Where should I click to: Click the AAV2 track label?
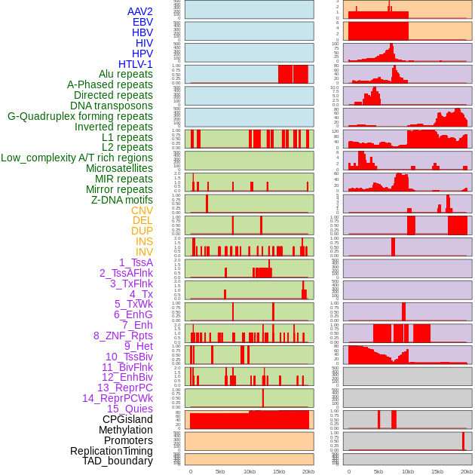pyautogui.click(x=140, y=11)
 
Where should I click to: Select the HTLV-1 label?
pyautogui.click(x=136, y=64)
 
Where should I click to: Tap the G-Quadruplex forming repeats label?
pyautogui.click(x=80, y=116)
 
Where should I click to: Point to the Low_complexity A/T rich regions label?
pyautogui.click(x=77, y=158)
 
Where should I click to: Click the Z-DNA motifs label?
pyautogui.click(x=122, y=200)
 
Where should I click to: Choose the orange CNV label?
pyautogui.click(x=142, y=210)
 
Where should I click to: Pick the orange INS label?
pyautogui.click(x=144, y=241)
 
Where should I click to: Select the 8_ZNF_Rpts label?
pyautogui.click(x=123, y=336)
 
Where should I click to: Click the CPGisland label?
pyautogui.click(x=127, y=419)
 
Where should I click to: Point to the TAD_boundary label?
pyautogui.click(x=118, y=461)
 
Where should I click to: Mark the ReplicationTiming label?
pyautogui.click(x=112, y=451)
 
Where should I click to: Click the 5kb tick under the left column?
pyautogui.click(x=220, y=471)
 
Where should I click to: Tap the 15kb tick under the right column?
pyautogui.click(x=437, y=471)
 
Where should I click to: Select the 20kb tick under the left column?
pyautogui.click(x=308, y=471)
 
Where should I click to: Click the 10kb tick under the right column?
pyautogui.click(x=408, y=471)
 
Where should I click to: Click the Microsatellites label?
pyautogui.click(x=119, y=168)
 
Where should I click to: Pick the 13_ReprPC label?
pyautogui.click(x=125, y=388)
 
